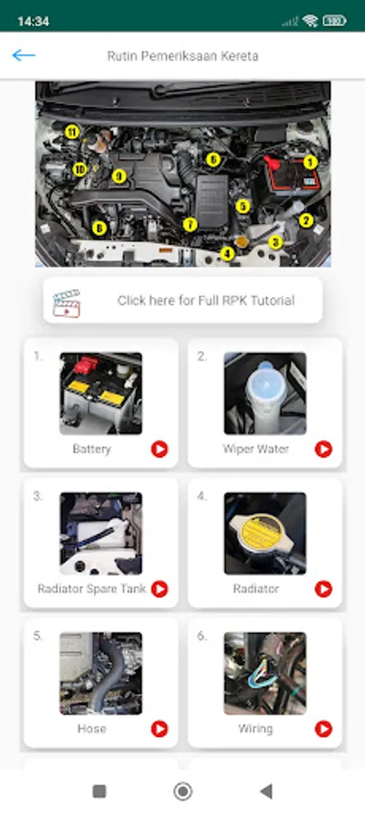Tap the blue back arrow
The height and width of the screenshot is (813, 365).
[23, 55]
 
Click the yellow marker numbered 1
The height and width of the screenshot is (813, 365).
[310, 163]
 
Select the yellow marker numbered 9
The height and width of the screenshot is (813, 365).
[119, 176]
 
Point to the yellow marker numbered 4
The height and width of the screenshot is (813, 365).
[227, 254]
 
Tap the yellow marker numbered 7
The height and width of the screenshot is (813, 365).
[191, 225]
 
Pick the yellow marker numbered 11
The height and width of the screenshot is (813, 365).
[72, 132]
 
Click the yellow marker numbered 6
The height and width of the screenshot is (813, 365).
[213, 160]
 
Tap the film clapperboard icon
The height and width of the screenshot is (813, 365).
[66, 304]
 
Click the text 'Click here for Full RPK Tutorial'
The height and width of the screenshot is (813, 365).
[206, 300]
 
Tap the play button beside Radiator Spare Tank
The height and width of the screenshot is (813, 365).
[160, 589]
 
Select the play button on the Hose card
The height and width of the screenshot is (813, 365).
[160, 729]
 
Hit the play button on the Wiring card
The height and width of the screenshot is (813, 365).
[323, 729]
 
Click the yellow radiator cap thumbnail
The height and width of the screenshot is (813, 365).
[265, 534]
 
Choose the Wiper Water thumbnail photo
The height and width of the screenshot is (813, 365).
[265, 394]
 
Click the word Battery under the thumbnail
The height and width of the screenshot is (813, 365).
[92, 449]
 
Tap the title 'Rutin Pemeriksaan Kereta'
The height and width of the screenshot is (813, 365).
[182, 55]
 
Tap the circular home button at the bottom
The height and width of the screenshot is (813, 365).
[182, 791]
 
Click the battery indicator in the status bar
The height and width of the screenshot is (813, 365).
[334, 21]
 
